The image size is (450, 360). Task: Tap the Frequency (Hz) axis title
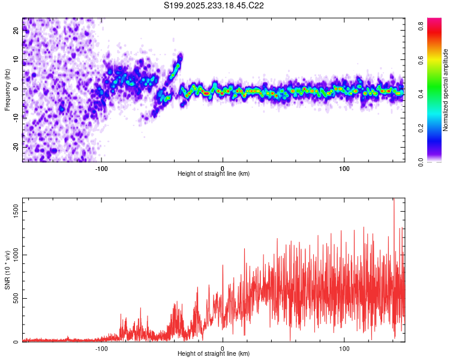click(7, 89)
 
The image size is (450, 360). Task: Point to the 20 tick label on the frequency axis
click(16, 31)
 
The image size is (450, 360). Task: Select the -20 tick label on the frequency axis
click(16, 146)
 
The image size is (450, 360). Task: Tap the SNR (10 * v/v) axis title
click(7, 270)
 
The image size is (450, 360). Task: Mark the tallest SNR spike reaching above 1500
click(394, 202)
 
